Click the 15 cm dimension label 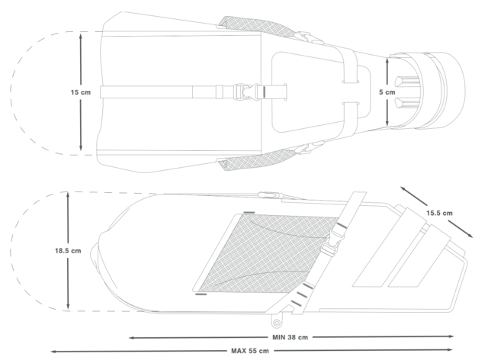click(x=81, y=92)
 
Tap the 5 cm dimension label click(x=387, y=92)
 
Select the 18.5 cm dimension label click(x=68, y=251)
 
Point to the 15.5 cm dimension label click(x=439, y=213)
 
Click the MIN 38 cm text click(x=290, y=337)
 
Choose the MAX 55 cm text click(x=250, y=351)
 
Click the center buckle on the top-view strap click(x=246, y=92)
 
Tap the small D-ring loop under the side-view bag click(x=276, y=322)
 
